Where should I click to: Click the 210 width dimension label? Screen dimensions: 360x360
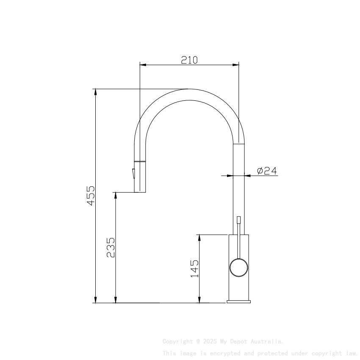[189, 60]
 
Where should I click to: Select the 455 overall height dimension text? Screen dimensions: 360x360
[91, 195]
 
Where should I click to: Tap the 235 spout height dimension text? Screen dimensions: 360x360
[111, 247]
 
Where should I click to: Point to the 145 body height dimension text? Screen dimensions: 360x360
[194, 269]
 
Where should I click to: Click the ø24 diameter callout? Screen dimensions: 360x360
[267, 171]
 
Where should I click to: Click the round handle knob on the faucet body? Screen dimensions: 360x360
[238, 268]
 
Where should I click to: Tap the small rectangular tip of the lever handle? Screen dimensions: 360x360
[239, 220]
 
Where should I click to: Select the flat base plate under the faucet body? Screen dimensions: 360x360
[238, 302]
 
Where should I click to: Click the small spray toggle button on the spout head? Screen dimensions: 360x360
[133, 174]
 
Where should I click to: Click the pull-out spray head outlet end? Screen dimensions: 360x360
[140, 190]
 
